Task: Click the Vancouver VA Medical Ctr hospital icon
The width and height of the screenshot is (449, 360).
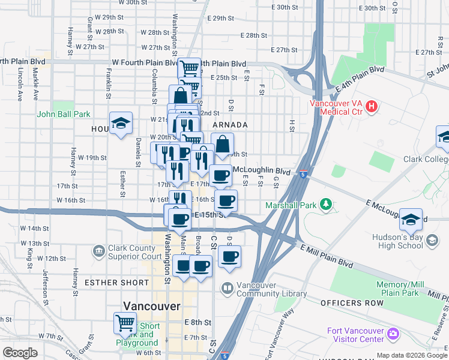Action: pyautogui.click(x=372, y=107)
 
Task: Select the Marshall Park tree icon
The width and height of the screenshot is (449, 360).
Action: pyautogui.click(x=327, y=205)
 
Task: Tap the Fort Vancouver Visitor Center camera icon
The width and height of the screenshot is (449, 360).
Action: pyautogui.click(x=393, y=332)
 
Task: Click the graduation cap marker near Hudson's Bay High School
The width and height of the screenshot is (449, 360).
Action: pyautogui.click(x=411, y=220)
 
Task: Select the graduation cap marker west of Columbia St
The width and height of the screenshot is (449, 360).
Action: pyautogui.click(x=121, y=124)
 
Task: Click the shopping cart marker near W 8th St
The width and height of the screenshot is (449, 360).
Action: pyautogui.click(x=125, y=323)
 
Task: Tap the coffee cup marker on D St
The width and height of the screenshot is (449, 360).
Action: pyautogui.click(x=229, y=257)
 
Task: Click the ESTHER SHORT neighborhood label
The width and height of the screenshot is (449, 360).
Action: pyautogui.click(x=116, y=282)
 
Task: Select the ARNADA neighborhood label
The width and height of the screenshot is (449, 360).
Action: pyautogui.click(x=230, y=125)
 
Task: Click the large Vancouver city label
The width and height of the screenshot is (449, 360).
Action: pyautogui.click(x=151, y=306)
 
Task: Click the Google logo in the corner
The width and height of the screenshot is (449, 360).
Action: pyautogui.click(x=20, y=353)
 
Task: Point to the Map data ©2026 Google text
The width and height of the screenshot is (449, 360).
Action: pyautogui.click(x=412, y=355)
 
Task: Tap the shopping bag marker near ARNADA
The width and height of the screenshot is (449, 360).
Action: pyautogui.click(x=222, y=144)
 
